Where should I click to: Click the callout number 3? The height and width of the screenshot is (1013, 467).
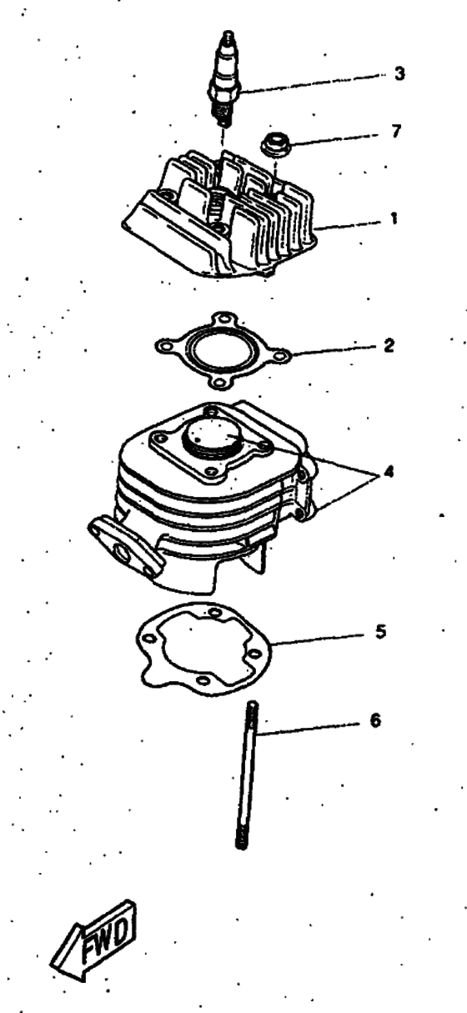coord(399,73)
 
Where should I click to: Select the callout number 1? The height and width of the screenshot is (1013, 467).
coord(394,220)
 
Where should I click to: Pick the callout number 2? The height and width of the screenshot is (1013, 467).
coord(389,344)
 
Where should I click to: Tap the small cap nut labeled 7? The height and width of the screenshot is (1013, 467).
coord(273,143)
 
